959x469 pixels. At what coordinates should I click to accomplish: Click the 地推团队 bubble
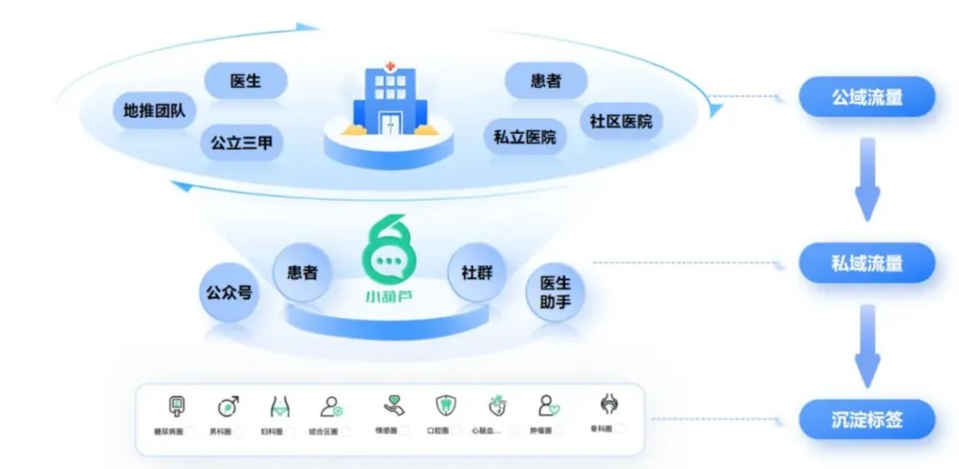[x=154, y=110]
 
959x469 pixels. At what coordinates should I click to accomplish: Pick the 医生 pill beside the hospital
[x=245, y=81]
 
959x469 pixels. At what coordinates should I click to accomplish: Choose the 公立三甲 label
[x=242, y=143]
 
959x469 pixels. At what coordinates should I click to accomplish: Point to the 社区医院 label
[x=621, y=121]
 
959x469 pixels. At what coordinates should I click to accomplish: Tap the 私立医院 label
[x=525, y=137]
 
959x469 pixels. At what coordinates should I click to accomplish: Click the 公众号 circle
[x=229, y=292]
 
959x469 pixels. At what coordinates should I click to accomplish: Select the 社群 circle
[x=477, y=272]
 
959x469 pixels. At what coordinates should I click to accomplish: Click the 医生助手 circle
[x=555, y=292]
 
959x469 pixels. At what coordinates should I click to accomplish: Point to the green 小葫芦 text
[x=389, y=297]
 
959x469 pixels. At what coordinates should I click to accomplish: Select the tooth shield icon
[x=445, y=405]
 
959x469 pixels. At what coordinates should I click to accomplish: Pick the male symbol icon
[x=228, y=406]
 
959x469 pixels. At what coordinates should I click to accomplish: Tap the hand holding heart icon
[x=394, y=405]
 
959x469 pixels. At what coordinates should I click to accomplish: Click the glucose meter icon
[x=176, y=406]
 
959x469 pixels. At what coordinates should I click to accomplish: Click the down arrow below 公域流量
[x=867, y=180]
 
